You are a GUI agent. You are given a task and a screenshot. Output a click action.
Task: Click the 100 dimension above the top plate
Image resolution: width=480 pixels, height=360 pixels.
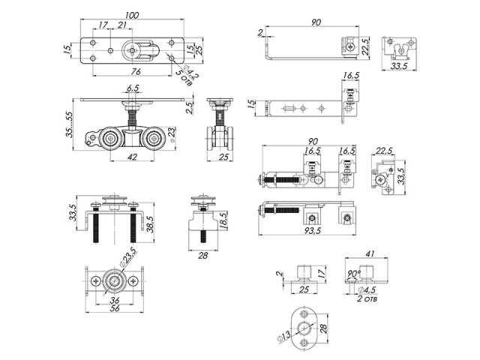132,15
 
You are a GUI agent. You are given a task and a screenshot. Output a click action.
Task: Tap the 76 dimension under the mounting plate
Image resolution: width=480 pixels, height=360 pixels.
136,71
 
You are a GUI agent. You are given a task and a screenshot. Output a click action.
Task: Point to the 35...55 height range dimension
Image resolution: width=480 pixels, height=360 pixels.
70,124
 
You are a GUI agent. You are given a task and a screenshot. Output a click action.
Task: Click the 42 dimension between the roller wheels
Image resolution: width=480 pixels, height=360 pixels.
132,157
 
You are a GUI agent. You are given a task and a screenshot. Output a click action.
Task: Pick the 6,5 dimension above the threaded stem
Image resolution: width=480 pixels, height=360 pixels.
133,88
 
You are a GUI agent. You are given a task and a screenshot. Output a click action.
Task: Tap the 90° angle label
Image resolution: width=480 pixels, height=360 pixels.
354,273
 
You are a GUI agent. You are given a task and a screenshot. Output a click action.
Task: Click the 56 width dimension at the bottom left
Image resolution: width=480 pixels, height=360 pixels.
115,308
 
